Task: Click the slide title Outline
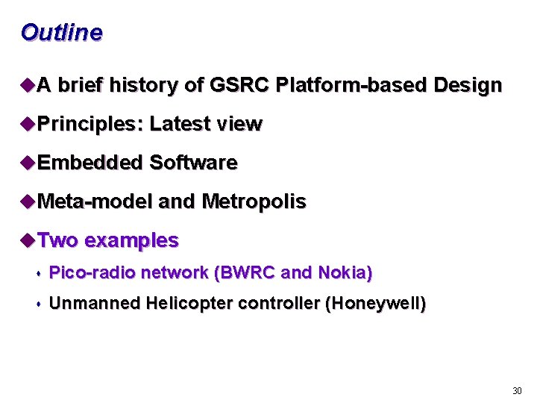click(x=62, y=33)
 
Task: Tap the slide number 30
click(x=517, y=391)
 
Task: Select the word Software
click(x=193, y=163)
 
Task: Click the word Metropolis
click(x=254, y=201)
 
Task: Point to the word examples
click(x=131, y=240)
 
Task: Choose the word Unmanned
click(x=95, y=304)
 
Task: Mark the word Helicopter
click(x=190, y=304)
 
